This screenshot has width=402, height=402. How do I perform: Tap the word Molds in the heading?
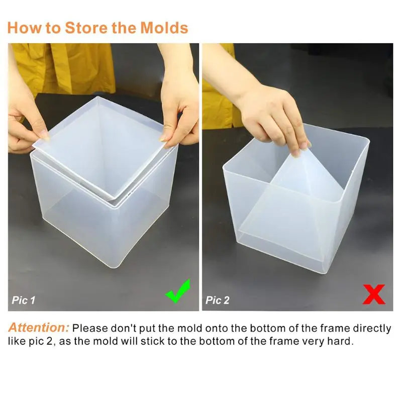click(164, 27)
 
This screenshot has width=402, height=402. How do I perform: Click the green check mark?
click(178, 292)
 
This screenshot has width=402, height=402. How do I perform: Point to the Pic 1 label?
click(24, 300)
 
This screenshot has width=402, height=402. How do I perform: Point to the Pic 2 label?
click(217, 300)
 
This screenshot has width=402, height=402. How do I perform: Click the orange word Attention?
click(39, 329)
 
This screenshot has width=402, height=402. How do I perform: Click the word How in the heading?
click(24, 27)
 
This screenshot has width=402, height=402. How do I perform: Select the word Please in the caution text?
click(90, 329)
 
